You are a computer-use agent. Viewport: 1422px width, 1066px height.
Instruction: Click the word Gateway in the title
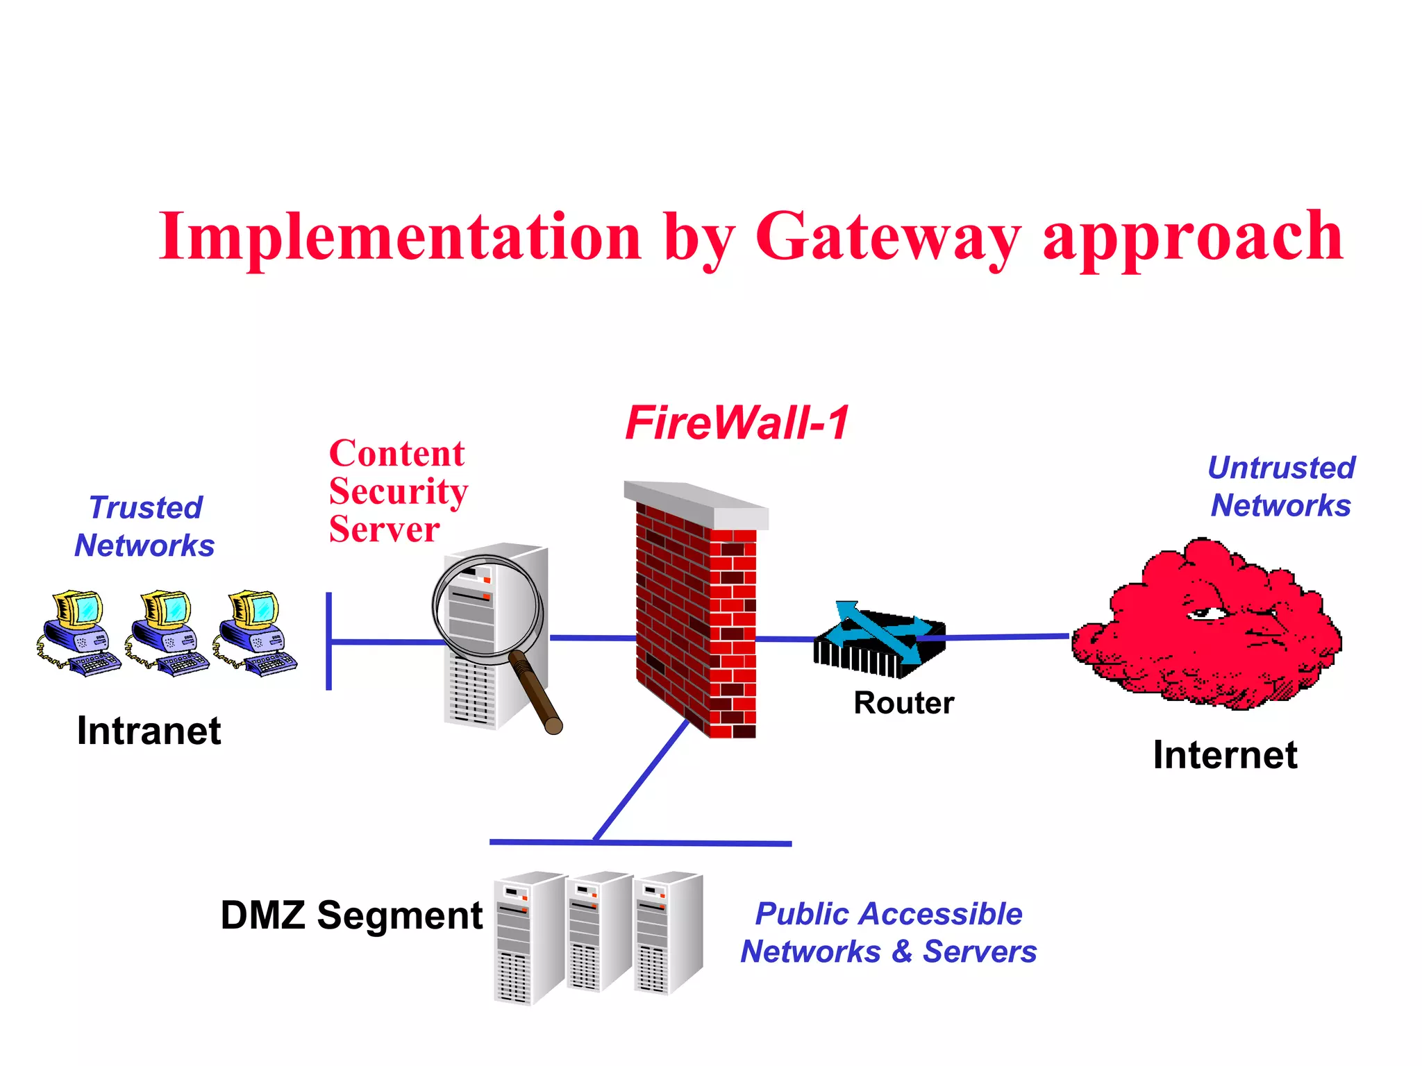(887, 238)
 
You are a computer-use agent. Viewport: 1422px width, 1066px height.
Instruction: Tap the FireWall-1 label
(737, 423)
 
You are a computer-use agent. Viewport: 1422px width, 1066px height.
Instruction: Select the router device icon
(879, 642)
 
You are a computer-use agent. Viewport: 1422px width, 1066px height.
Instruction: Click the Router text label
(903, 703)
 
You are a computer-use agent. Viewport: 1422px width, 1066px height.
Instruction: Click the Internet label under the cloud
(1225, 755)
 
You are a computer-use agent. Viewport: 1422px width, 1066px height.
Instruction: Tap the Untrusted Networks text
(1281, 487)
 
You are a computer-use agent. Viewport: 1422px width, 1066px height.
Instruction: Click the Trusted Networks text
(145, 527)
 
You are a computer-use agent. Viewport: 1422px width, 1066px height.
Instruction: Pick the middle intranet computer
(167, 633)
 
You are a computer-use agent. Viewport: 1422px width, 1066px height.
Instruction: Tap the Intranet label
(149, 731)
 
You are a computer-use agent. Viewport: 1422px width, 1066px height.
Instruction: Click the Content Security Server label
(398, 491)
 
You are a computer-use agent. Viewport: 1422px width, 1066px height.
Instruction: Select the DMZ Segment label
(351, 915)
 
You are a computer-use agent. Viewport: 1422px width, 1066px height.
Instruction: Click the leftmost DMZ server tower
(527, 937)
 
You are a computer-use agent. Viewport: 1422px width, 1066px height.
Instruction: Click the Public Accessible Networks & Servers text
(888, 933)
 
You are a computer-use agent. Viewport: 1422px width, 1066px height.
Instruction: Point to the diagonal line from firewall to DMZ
(640, 781)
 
